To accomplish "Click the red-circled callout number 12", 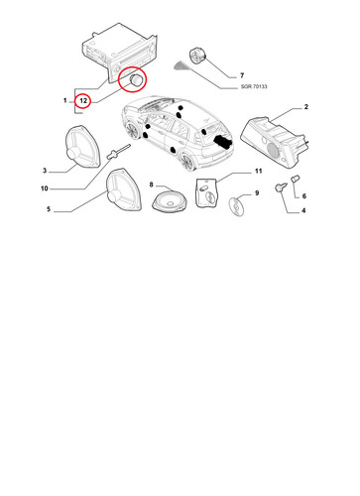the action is click(83, 100).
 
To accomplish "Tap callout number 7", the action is click(242, 75).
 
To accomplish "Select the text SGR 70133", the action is click(254, 86).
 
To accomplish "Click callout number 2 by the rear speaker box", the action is click(306, 107).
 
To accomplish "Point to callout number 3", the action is click(45, 171).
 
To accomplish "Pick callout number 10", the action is click(45, 188).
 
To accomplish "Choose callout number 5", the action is click(49, 209).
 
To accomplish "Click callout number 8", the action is click(152, 185).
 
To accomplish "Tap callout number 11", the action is click(258, 171).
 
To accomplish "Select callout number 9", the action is click(257, 193).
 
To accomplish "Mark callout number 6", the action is click(304, 196).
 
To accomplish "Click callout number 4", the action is click(303, 210).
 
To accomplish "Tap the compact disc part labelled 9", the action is click(237, 205).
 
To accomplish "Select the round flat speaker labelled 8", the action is click(170, 202).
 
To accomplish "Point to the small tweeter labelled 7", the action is click(197, 55).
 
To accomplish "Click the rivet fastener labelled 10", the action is click(118, 151).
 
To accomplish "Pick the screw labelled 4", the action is click(280, 188).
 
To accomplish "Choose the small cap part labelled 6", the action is click(295, 180).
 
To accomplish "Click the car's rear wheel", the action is click(187, 162).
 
